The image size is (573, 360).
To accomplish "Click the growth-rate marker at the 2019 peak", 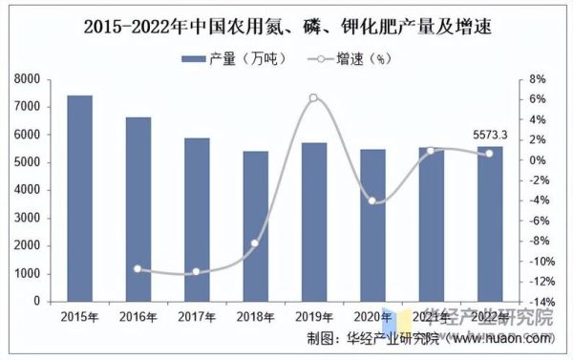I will [x=313, y=97].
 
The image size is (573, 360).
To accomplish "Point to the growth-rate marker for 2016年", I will [x=138, y=269].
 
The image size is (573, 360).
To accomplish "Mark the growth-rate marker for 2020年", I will [x=372, y=201].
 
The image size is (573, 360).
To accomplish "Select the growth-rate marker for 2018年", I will [x=255, y=244].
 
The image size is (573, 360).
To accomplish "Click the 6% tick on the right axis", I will [x=538, y=99].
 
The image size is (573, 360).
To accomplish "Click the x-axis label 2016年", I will [x=138, y=315].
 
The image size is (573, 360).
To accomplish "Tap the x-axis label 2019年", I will [x=313, y=315].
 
